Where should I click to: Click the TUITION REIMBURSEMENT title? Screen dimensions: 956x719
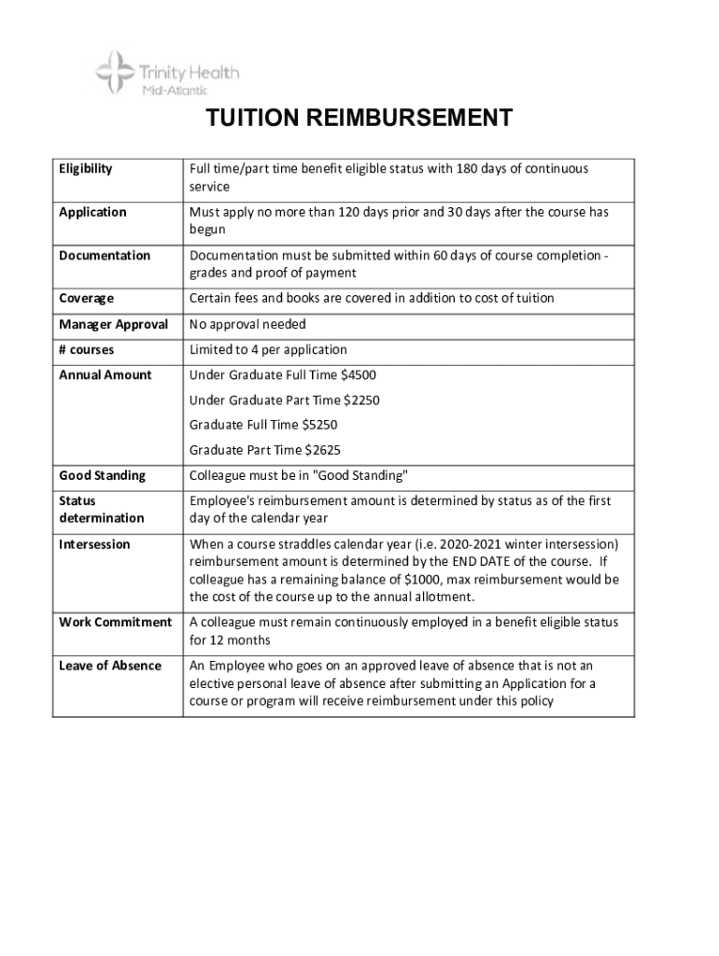[359, 119]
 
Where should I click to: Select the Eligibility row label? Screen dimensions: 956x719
[86, 169]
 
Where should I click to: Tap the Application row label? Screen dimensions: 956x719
[92, 212]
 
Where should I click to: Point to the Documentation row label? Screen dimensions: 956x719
[105, 255]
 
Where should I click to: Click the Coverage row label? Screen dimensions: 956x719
[86, 298]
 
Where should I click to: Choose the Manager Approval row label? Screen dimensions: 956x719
[113, 324]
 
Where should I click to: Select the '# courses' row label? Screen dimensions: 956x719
[86, 349]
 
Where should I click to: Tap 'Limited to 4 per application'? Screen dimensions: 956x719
[268, 349]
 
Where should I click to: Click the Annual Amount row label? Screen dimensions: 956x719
[105, 374]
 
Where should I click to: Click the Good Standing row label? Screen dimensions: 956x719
[103, 475]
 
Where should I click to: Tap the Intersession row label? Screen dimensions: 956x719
[94, 544]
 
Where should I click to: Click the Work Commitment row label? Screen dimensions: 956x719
[115, 622]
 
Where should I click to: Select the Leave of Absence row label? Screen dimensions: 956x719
[109, 666]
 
